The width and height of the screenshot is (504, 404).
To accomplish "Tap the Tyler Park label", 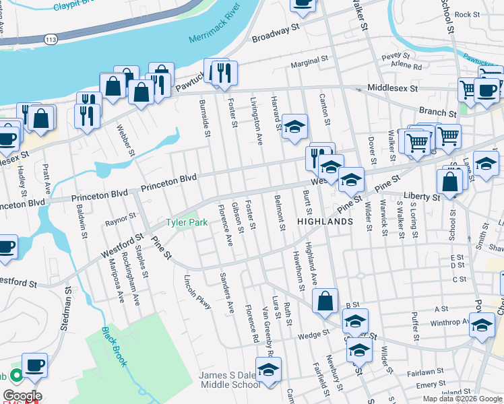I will pos(187,223).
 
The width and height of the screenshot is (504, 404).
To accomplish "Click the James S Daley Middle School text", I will pos(229,380).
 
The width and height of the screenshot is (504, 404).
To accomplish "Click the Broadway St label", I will pos(275,34).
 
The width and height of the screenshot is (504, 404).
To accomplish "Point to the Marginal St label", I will pos(309,65).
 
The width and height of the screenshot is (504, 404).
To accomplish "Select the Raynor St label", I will pos(121,220).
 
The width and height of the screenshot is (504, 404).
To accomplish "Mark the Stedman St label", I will pos(67,307).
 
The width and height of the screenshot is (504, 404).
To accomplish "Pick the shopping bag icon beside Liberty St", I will pos(449,181).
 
